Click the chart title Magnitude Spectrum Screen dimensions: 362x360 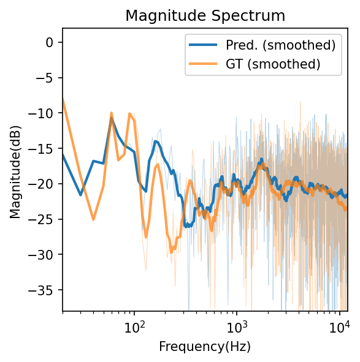coord(205,16)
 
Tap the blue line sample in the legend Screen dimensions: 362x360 coord(205,45)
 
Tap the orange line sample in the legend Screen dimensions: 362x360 coord(205,63)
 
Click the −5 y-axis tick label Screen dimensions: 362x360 coord(45,78)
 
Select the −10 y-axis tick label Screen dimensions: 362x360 coord(43,113)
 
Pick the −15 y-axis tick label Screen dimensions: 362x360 coord(43,148)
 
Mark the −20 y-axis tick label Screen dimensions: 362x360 coord(43,184)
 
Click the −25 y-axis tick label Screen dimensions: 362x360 coord(43,219)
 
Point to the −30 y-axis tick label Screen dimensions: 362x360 coord(43,254)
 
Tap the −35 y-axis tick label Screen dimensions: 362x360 coord(43,290)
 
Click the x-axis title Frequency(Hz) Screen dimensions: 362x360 coord(205,347)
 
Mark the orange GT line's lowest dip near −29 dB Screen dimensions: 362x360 coord(172,250)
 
